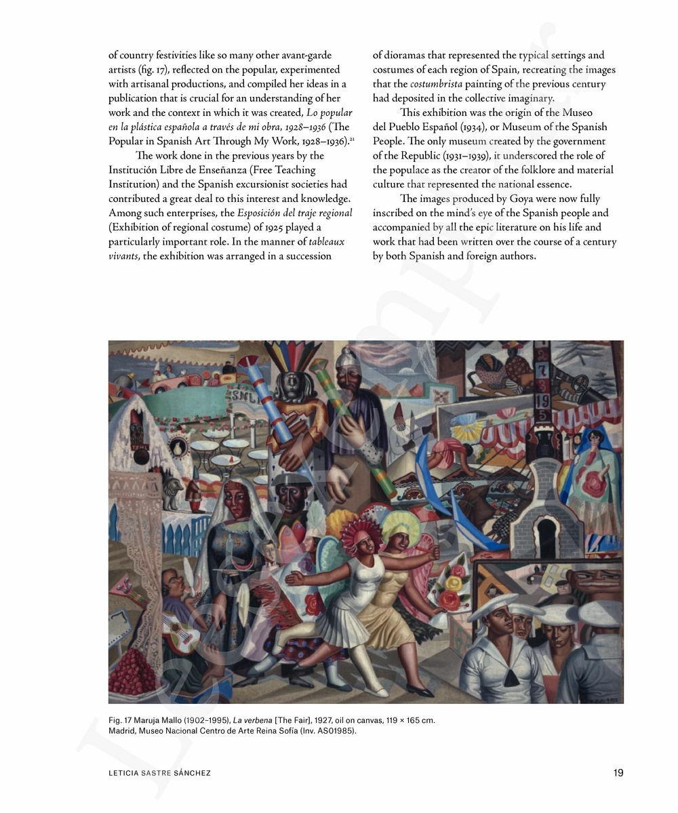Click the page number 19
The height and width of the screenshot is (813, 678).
point(618,772)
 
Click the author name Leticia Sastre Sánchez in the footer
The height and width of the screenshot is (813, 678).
point(159,773)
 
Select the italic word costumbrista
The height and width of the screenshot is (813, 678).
point(436,84)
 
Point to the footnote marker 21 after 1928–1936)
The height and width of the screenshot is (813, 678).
point(353,139)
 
